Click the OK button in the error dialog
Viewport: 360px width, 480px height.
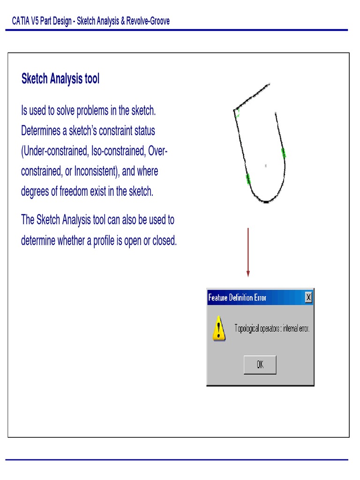pyautogui.click(x=260, y=365)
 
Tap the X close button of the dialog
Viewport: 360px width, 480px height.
pyautogui.click(x=308, y=297)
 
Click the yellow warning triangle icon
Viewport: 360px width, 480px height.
pyautogui.click(x=219, y=328)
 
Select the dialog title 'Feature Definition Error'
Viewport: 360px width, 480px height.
pyautogui.click(x=237, y=298)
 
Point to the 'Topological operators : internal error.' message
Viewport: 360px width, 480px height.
pyautogui.click(x=272, y=328)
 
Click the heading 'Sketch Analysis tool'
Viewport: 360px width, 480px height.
pyautogui.click(x=60, y=79)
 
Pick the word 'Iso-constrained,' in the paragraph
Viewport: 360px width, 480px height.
pyautogui.click(x=112, y=151)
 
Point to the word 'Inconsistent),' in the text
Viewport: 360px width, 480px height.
pyautogui.click(x=96, y=171)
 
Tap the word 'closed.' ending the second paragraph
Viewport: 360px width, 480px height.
pyautogui.click(x=165, y=240)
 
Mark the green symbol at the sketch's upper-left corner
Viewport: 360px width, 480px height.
pyautogui.click(x=238, y=113)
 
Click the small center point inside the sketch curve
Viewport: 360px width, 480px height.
pyautogui.click(x=266, y=165)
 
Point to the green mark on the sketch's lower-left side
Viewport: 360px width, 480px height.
pyautogui.click(x=248, y=178)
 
